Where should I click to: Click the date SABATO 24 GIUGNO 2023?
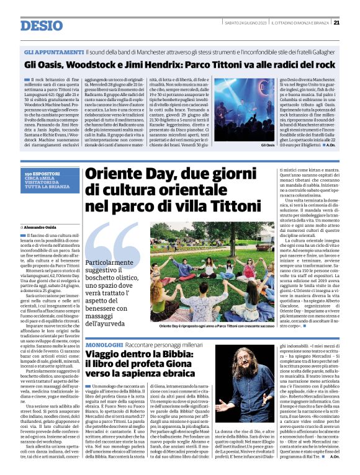(x=244, y=23)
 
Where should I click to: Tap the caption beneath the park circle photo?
(x=215, y=325)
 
